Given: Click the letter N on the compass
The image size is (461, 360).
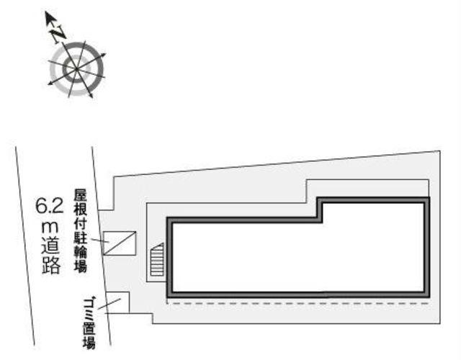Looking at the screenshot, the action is (x=58, y=34).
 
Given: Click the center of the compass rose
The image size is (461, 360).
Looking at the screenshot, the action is (x=76, y=69).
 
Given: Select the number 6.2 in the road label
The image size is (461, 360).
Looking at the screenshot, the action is (x=50, y=206).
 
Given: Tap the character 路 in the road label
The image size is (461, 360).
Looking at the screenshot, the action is (x=51, y=266).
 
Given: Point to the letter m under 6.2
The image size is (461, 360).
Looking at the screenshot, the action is (x=50, y=227).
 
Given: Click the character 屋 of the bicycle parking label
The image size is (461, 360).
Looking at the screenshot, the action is (x=80, y=196).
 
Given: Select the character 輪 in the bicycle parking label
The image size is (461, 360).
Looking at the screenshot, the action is (x=80, y=252).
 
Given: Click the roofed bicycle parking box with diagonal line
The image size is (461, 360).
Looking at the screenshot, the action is (x=120, y=243).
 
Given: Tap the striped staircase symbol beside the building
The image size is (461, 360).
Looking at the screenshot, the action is (x=157, y=260).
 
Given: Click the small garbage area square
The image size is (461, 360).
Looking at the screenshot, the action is (x=118, y=302).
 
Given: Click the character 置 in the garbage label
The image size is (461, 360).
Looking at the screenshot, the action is (x=89, y=328).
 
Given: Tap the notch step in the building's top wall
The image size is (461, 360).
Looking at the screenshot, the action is (x=320, y=210).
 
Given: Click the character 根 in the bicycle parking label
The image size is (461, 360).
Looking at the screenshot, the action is (x=80, y=210).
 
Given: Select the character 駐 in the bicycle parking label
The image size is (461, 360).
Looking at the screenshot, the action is (x=80, y=238).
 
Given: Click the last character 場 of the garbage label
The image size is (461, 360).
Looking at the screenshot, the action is (x=89, y=343).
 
